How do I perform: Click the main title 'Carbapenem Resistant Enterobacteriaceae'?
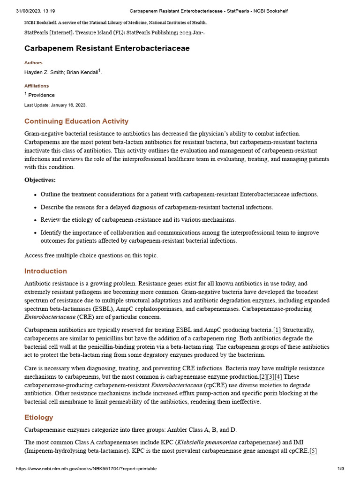[x=107, y=48]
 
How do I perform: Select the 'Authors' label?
[x=33, y=63]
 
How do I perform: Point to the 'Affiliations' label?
[x=37, y=86]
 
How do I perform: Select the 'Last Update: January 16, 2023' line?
[x=55, y=105]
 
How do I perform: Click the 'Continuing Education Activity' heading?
[x=76, y=121]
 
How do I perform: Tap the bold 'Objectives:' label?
[x=40, y=180]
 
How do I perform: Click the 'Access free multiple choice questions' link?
[x=91, y=255]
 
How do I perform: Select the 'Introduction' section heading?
[x=45, y=271]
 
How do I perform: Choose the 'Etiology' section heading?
[x=38, y=417]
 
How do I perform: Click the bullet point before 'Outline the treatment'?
[x=35, y=195]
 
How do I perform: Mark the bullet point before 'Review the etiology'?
[x=35, y=220]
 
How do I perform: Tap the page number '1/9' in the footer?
[x=341, y=469]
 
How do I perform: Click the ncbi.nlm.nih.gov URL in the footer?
[x=86, y=469]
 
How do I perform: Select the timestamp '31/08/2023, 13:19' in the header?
[x=36, y=10]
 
